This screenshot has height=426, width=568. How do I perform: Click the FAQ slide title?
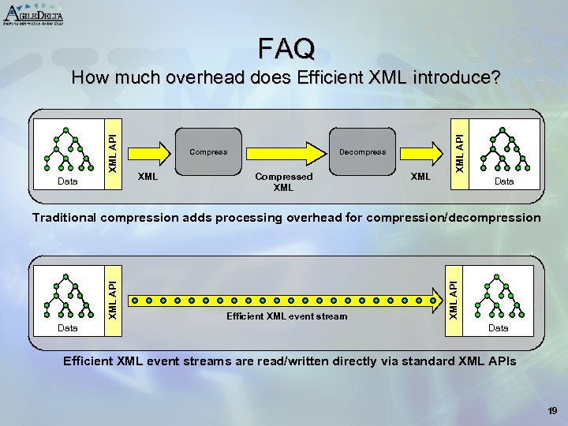(286, 48)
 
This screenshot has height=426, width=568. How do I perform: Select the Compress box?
(209, 151)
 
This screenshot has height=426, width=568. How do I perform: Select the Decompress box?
(362, 151)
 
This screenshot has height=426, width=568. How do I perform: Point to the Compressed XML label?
(283, 182)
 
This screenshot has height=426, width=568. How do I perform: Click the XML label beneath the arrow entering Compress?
(148, 177)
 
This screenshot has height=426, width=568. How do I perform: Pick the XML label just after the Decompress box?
(420, 177)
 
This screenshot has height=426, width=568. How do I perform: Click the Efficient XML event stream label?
(286, 316)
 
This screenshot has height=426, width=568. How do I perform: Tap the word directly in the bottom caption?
(373, 361)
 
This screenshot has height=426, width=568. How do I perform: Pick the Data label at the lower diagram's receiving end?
(498, 327)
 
